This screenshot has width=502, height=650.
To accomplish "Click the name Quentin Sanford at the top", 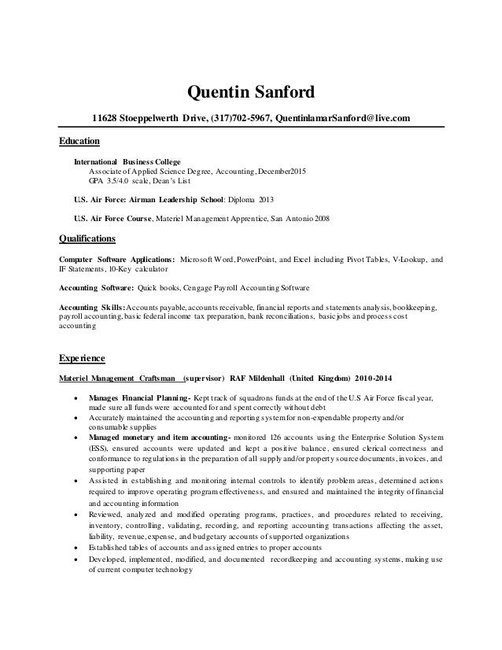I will pos(249,94).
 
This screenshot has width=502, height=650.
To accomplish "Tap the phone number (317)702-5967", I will pos(237,119).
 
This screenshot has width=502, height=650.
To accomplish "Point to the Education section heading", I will pos(79,142).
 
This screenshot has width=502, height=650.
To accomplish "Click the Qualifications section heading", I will pos(87,238).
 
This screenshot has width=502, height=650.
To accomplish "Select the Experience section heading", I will pos(83,359).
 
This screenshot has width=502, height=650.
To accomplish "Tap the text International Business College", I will pos(127,161).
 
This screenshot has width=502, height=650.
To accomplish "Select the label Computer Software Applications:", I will pos(117,259).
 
